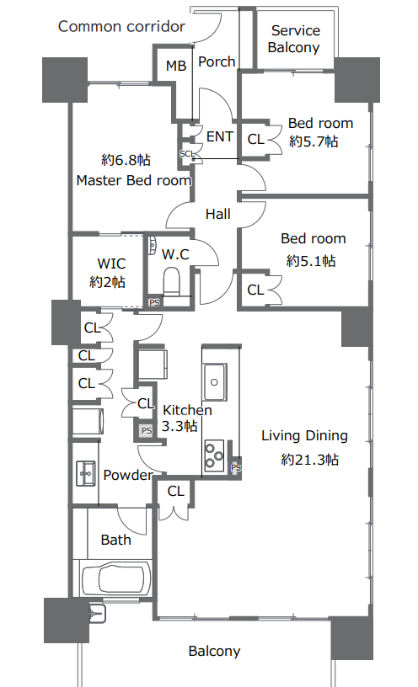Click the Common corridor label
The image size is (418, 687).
pos(121,27)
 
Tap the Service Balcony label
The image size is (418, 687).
pos(294,39)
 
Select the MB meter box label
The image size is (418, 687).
pos(176,66)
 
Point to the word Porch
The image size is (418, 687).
pos(217,61)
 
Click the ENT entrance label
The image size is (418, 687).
pos(219,136)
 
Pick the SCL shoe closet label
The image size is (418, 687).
pos(187,154)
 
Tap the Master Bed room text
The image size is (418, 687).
pos(134,180)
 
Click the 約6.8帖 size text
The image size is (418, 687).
pos(126,160)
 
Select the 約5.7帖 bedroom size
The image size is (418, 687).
pos(313,141)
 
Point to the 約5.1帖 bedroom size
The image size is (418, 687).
pos(311,261)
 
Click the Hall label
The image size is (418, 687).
pos(218,214)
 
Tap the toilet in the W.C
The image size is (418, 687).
pos(172,281)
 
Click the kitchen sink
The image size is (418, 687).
pos(214,381)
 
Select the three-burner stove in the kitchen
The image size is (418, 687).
pos(214,455)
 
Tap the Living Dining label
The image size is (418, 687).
pos(304,435)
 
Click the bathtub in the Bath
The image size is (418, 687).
pos(116,578)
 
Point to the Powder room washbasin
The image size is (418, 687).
pos(85,473)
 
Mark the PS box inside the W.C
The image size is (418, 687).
pos(154,302)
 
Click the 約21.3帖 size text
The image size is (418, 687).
pos(309,460)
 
